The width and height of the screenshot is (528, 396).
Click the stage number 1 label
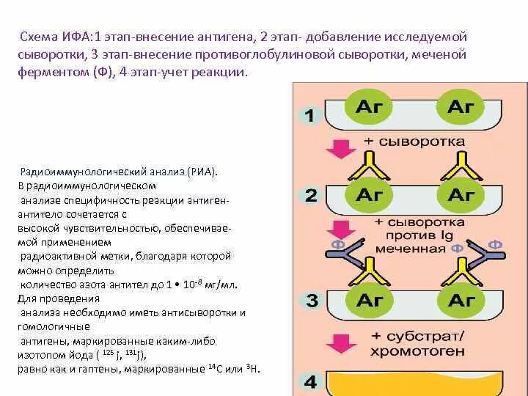pyautogui.click(x=309, y=115)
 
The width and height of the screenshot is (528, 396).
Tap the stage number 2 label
pyautogui.click(x=310, y=196)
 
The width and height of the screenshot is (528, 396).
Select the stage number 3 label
pyautogui.click(x=310, y=301)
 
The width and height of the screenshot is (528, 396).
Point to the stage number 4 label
pyautogui.click(x=310, y=382)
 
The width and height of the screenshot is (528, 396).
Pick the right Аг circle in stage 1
pyautogui.click(x=461, y=107)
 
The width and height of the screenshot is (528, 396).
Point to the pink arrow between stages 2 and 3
pyautogui.click(x=339, y=230)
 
